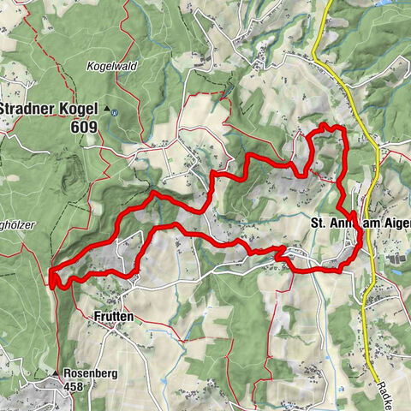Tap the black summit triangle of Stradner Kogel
pyautogui.click(x=108, y=110)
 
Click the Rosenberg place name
pyautogui.click(x=93, y=373)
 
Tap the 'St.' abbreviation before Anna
pyautogui.click(x=318, y=223)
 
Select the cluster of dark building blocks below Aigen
pyautogui.click(x=396, y=255)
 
